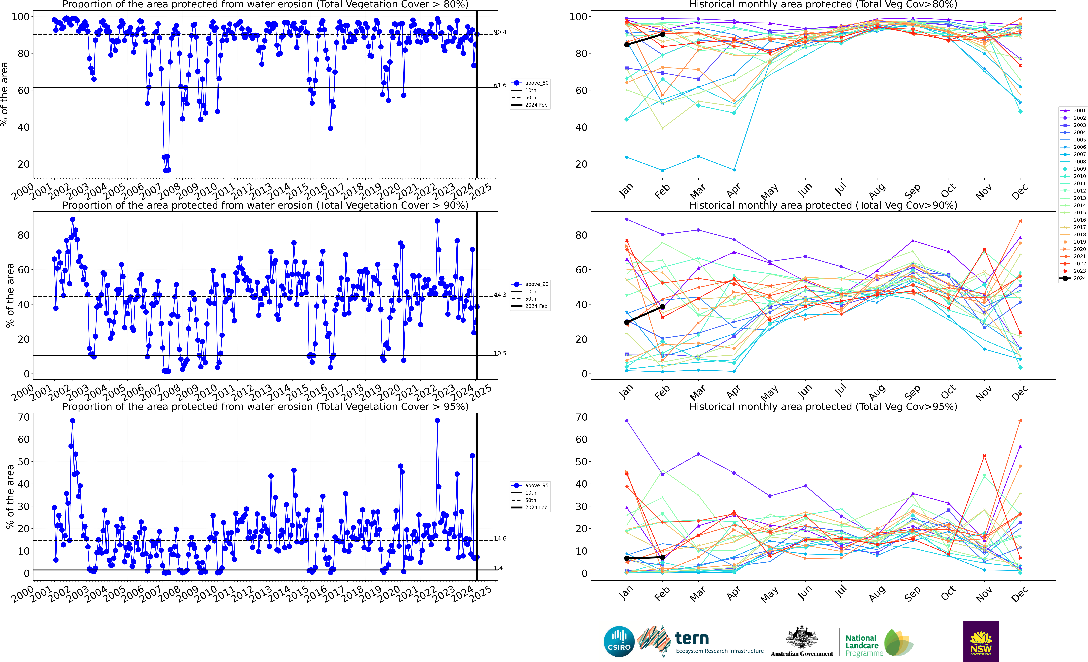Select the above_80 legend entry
536,83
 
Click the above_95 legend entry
536,486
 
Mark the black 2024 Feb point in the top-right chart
662,34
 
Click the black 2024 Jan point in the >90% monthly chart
627,323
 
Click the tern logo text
692,639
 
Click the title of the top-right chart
823,5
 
